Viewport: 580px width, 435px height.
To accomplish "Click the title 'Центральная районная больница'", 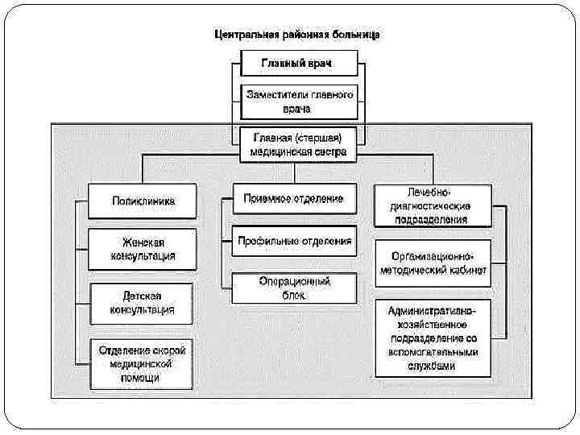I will [x=298, y=35].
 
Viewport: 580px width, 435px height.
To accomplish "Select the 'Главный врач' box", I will [x=298, y=63].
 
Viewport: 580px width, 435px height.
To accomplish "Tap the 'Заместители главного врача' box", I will [x=299, y=100].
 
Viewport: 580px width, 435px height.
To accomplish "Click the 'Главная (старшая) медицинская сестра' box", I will [x=299, y=143].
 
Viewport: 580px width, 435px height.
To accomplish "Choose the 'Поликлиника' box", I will [x=142, y=201].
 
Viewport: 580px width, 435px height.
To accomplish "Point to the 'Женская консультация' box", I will [x=142, y=249].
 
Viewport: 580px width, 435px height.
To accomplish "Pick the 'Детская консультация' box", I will [x=142, y=303].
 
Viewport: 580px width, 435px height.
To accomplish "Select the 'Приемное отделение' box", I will [x=294, y=198].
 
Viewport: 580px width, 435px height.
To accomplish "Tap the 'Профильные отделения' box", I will [x=294, y=241].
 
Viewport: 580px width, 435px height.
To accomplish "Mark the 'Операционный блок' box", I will [x=294, y=288].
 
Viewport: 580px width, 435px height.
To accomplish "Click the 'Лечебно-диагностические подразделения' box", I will [x=433, y=206].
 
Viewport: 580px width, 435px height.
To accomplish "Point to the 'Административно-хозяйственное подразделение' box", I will [x=433, y=338].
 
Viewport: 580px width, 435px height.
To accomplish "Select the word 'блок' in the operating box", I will [x=294, y=295].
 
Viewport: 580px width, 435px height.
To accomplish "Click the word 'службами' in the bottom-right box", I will [x=433, y=365].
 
